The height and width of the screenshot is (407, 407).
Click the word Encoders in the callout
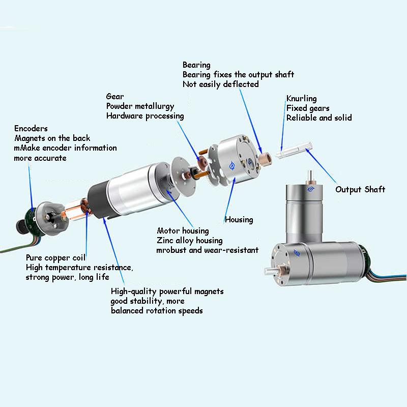(31, 128)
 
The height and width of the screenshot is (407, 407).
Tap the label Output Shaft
(360, 189)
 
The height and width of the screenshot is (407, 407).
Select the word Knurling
(301, 99)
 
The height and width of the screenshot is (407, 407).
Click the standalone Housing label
(239, 220)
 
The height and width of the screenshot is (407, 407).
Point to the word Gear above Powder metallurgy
(115, 96)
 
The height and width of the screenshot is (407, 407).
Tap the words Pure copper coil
(55, 257)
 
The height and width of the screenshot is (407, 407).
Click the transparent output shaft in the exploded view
(294, 150)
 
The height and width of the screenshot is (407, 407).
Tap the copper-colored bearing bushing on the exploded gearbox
(264, 158)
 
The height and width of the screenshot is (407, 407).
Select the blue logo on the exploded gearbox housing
(232, 165)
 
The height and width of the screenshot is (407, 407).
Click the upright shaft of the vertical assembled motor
(310, 177)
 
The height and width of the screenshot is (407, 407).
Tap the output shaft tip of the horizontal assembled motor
(266, 272)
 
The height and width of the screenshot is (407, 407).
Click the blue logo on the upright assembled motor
(311, 189)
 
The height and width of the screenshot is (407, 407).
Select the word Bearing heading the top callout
(196, 65)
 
